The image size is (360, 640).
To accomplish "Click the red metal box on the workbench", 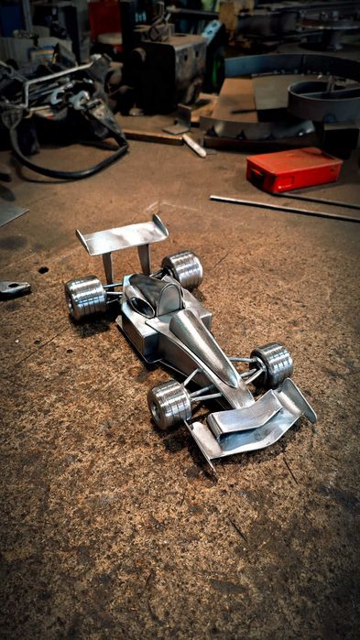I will pos(292,169).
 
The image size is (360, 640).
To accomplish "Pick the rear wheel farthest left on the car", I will pos(85,298).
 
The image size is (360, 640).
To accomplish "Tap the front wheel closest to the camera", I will pos(169,404).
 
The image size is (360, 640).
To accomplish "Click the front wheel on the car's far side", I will pos(272,363).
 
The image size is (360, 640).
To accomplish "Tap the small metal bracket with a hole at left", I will pos(15,288).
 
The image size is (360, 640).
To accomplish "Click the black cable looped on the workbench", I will pos(73,165).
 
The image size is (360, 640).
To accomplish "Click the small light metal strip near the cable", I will pos(194,145).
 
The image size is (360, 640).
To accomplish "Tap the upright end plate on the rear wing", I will pos(161,225).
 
